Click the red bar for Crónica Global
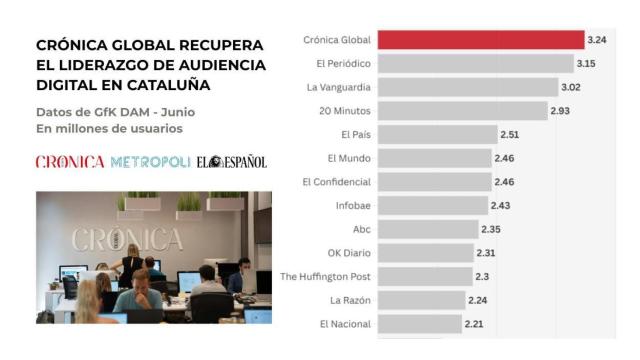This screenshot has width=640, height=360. [x=481, y=40]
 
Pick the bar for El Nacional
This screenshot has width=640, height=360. [x=420, y=324]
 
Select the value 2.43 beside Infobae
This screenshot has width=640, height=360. [x=501, y=205]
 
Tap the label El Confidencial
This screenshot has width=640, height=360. [x=336, y=182]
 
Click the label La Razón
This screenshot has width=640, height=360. [x=350, y=300]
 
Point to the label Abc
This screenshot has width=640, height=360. [x=362, y=229]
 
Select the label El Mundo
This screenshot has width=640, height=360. [x=349, y=158]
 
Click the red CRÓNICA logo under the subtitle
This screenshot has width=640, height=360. [x=70, y=162]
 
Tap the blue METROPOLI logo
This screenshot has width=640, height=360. [x=150, y=162]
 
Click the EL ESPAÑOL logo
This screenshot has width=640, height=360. [x=232, y=162]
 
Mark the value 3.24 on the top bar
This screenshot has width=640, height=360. [x=598, y=40]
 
